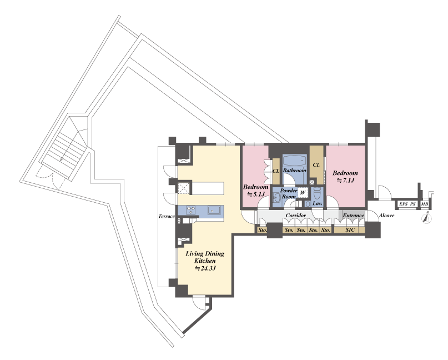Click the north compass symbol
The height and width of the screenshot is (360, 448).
pos(427,218)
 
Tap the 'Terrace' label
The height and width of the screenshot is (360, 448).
pos(167,216)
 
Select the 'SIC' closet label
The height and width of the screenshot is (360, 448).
pos(350,229)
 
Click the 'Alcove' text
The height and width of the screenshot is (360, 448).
pos(386,216)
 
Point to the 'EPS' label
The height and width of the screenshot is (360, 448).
pos(404,204)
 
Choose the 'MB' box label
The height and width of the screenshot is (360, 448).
pos(425,204)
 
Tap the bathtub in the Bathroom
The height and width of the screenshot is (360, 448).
pos(295,161)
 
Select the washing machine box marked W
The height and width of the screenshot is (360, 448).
pos(303,193)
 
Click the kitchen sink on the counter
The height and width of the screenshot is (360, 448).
pos(214,210)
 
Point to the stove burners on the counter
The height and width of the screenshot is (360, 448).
pos(190,210)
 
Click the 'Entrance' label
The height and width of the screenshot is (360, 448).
pos(354,216)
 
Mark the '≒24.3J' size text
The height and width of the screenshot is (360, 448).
pos(205,268)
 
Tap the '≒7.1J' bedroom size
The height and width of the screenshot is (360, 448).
pos(345,181)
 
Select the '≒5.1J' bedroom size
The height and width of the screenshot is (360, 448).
pos(256,194)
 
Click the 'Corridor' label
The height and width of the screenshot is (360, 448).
pos(296,216)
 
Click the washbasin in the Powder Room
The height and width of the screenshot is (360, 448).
pos(276,197)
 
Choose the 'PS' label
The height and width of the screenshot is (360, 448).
pos(412,204)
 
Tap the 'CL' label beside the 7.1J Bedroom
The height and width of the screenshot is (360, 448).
pos(316,165)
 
